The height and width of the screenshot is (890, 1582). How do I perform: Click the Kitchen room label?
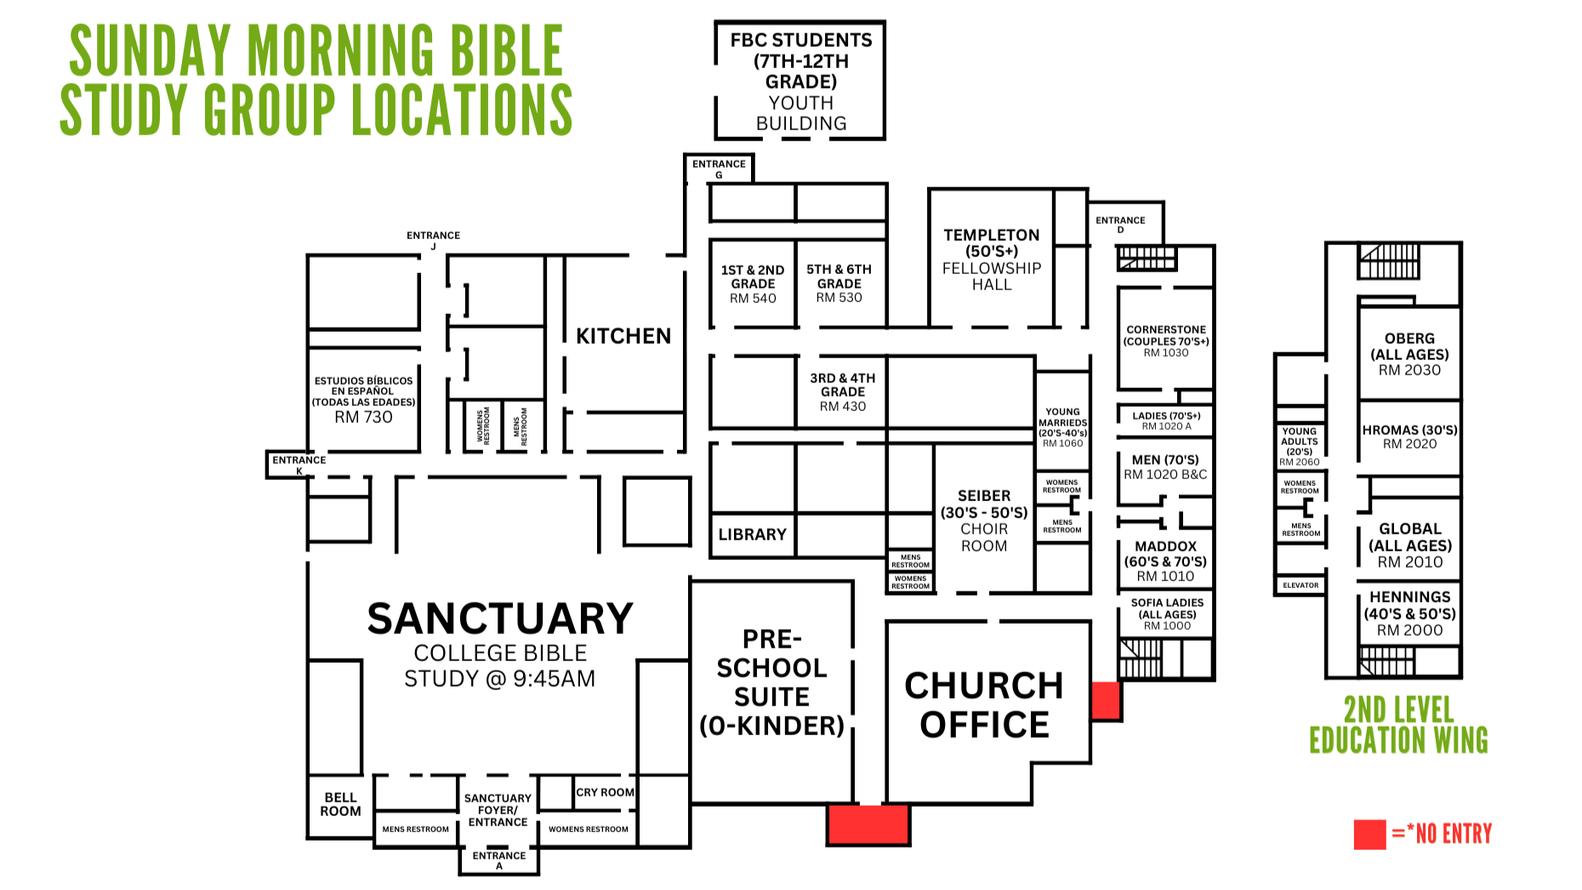623,336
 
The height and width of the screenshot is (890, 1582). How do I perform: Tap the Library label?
752,534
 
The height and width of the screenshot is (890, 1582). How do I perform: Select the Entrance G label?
719,168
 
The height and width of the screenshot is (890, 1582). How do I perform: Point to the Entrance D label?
1120,225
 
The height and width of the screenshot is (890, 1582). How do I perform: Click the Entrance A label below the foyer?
499,860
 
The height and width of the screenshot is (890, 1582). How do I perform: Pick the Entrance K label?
299,465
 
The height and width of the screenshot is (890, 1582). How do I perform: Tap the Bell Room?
340,804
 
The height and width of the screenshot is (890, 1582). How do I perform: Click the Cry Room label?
605,792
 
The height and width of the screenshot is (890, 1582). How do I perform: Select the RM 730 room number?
363,417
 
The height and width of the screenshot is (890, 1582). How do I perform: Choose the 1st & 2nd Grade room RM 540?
753,283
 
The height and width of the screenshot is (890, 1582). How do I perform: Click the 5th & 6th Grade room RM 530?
839,283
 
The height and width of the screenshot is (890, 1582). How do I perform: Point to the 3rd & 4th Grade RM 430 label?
842,391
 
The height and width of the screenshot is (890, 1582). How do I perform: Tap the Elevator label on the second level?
1300,585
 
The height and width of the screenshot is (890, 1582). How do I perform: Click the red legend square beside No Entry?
1369,835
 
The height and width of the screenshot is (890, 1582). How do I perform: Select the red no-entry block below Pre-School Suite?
868,824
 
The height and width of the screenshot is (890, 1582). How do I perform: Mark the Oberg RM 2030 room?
1409,354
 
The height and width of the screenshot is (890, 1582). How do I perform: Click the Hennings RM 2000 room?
1409,613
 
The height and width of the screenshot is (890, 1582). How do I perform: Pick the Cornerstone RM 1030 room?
1165,340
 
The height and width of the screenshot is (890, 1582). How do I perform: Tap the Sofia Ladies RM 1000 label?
1167,613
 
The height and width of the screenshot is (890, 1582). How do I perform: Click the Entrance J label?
433,240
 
